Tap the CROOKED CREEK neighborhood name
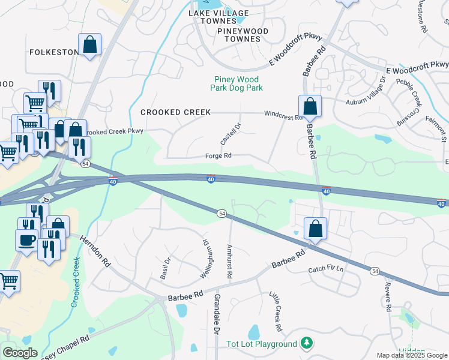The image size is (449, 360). coord(175,112)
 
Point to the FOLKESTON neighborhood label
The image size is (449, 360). coord(54,52)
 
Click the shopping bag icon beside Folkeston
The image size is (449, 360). coord(89,44)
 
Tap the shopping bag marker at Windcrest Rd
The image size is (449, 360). coord(310,107)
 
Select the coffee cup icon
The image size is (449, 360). coord(26,241)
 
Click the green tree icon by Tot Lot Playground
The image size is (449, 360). coord(307,343)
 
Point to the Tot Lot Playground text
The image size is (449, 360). coord(261,344)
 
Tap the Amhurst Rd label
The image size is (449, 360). coord(229,261)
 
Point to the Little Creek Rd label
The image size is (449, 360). coord(275,312)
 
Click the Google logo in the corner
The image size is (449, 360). coord(20,353)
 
